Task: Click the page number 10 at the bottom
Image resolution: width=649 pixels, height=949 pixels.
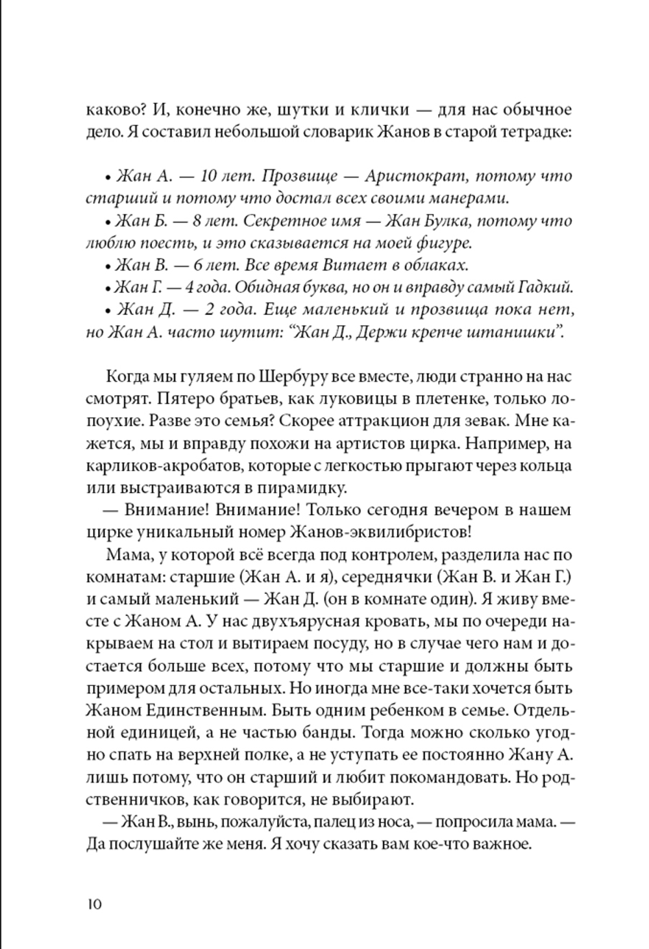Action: [x=94, y=904]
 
